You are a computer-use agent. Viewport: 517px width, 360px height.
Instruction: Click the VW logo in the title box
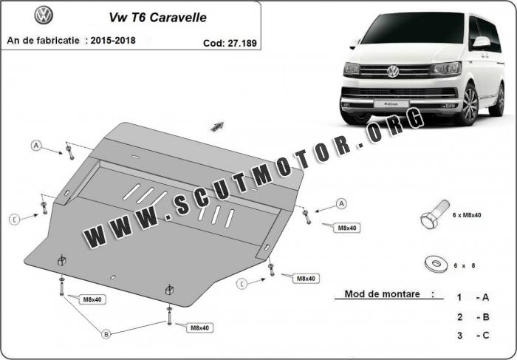click(44, 16)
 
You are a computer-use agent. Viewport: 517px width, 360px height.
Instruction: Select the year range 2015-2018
click(113, 40)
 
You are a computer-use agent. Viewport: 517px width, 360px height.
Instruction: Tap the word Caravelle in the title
click(178, 18)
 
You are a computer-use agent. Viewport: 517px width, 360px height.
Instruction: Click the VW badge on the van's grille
click(393, 71)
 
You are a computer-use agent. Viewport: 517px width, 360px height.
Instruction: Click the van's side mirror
click(482, 41)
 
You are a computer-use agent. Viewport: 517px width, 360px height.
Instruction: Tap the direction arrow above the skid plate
click(217, 126)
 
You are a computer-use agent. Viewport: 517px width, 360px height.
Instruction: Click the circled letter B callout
click(106, 334)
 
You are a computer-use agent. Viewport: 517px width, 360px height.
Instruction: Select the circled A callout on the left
click(36, 145)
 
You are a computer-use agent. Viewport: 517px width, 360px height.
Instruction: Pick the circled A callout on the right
click(341, 203)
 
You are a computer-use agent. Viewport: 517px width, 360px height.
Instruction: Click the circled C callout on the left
click(15, 219)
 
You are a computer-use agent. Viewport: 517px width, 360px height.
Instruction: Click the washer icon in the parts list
click(436, 264)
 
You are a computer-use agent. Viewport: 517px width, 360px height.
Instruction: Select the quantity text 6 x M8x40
click(467, 215)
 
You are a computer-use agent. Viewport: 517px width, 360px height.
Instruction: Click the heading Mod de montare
click(382, 293)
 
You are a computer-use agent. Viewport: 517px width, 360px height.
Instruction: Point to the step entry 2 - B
click(473, 317)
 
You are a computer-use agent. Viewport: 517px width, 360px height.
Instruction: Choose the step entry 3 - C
click(473, 336)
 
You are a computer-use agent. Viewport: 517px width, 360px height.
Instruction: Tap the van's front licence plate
click(391, 104)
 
